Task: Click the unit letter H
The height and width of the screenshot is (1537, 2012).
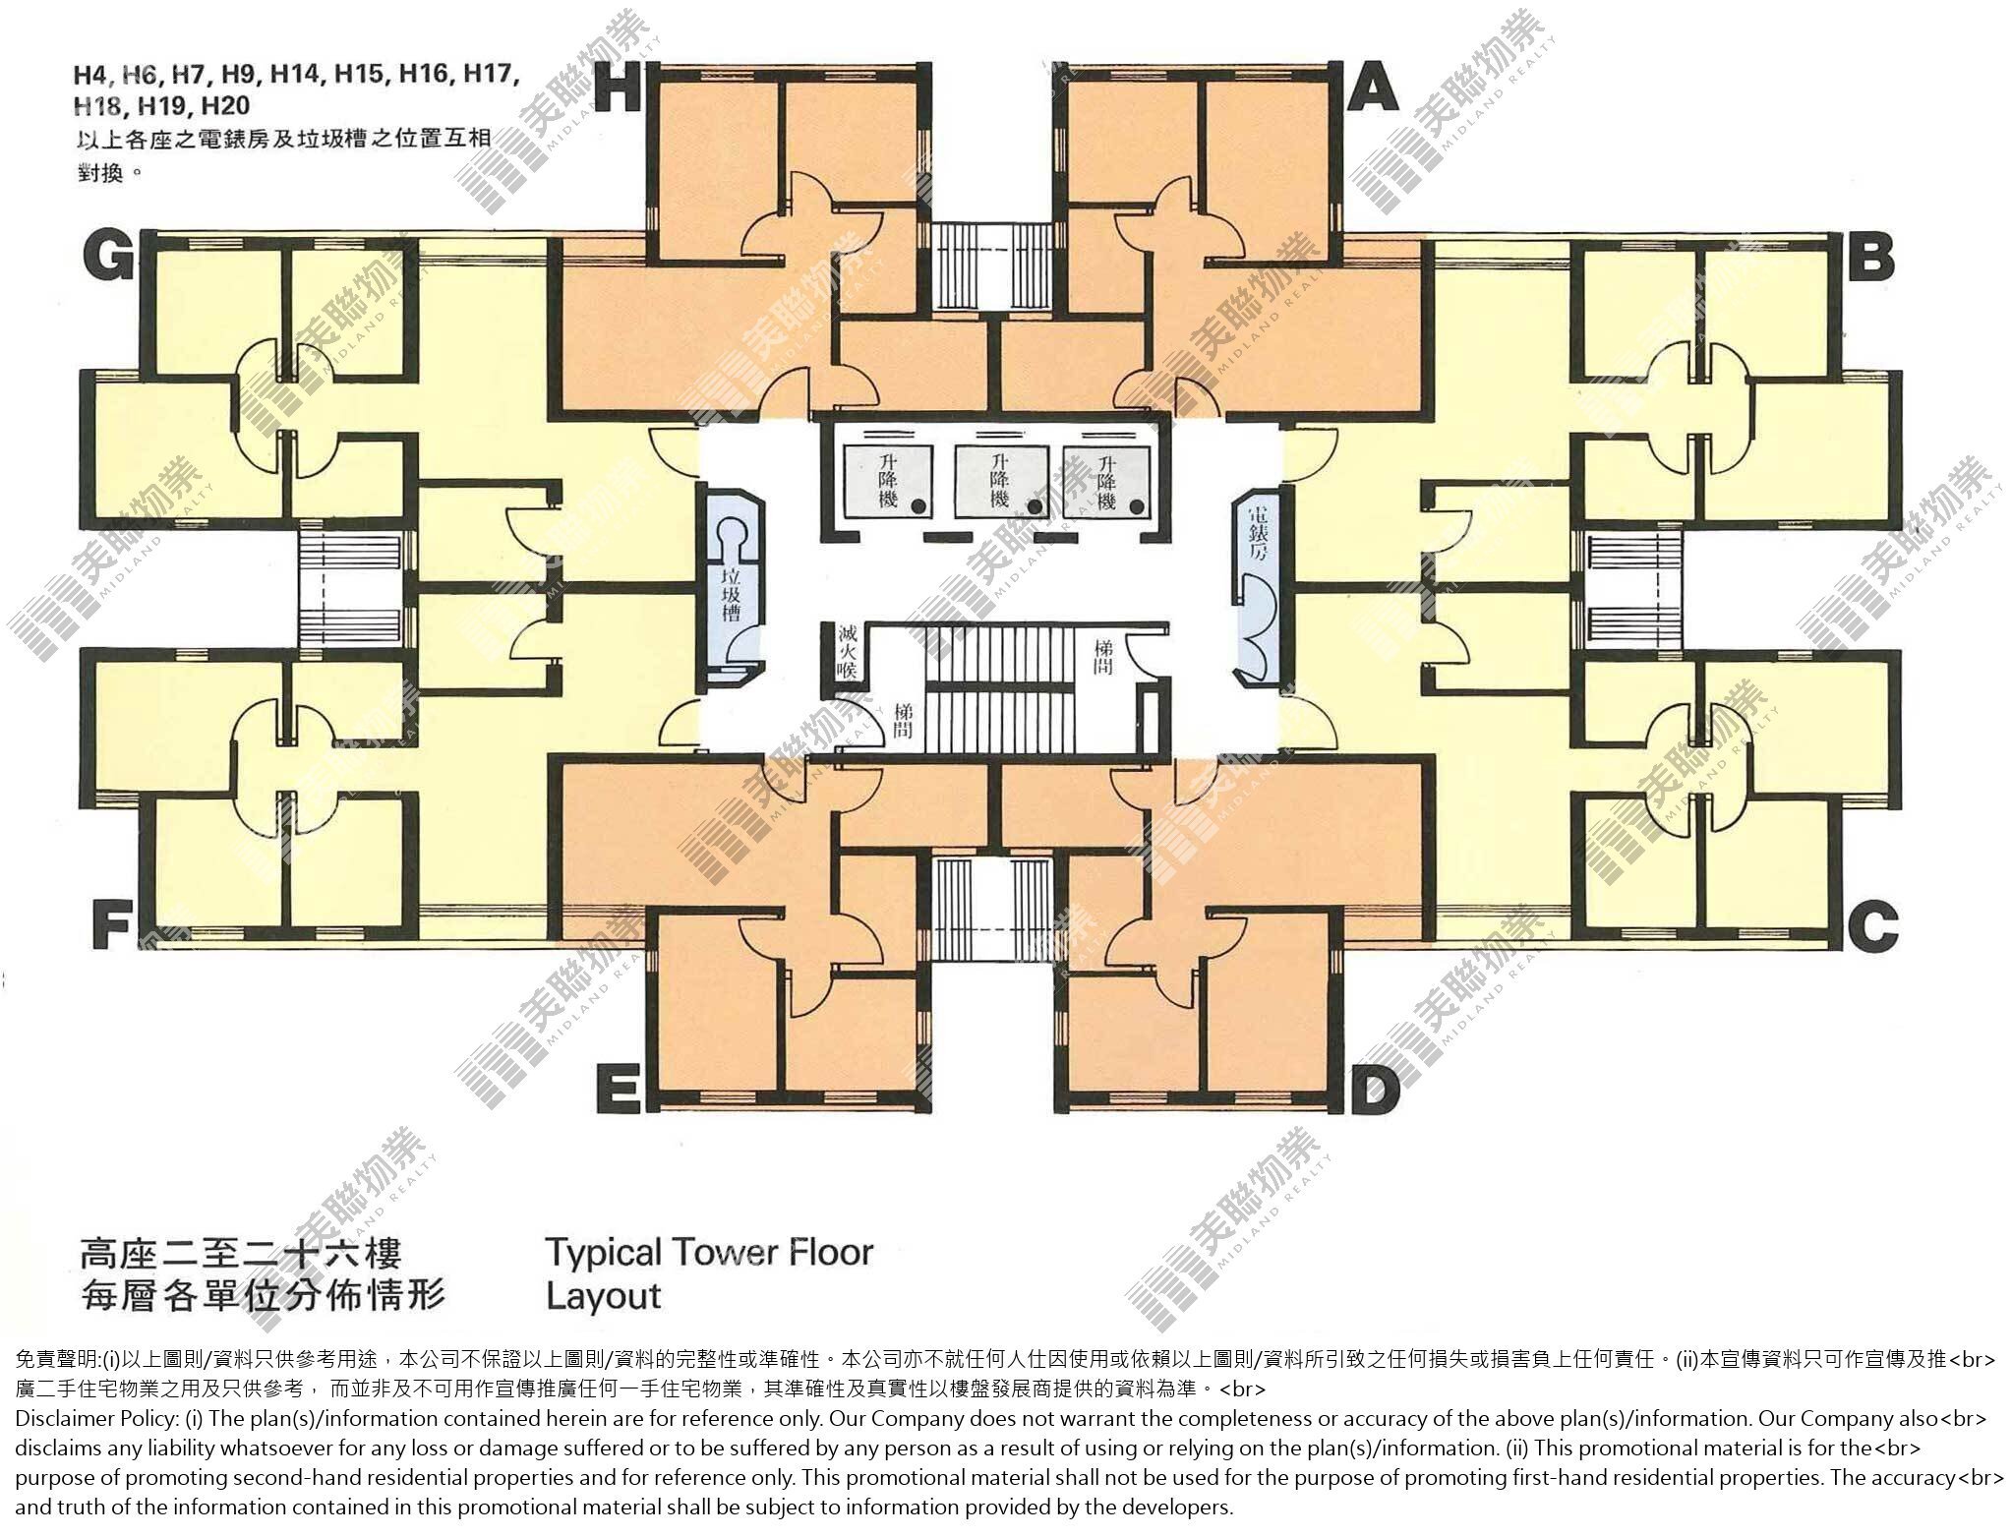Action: pos(620,89)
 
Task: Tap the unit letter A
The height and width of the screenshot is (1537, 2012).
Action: pos(1372,89)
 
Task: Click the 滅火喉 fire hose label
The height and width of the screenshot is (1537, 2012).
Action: pos(846,652)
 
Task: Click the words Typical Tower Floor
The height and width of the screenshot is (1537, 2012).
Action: pos(709,1253)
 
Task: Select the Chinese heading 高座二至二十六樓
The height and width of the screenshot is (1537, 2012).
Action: pos(241,1256)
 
